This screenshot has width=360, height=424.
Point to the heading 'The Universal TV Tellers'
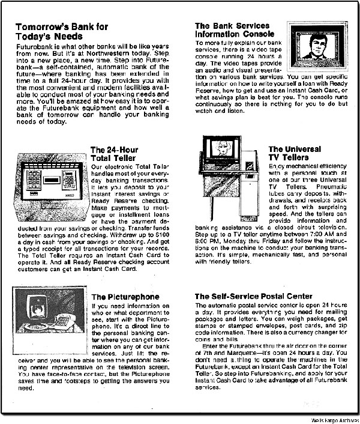click(298, 154)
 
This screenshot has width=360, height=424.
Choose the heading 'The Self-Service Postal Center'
click(254, 296)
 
